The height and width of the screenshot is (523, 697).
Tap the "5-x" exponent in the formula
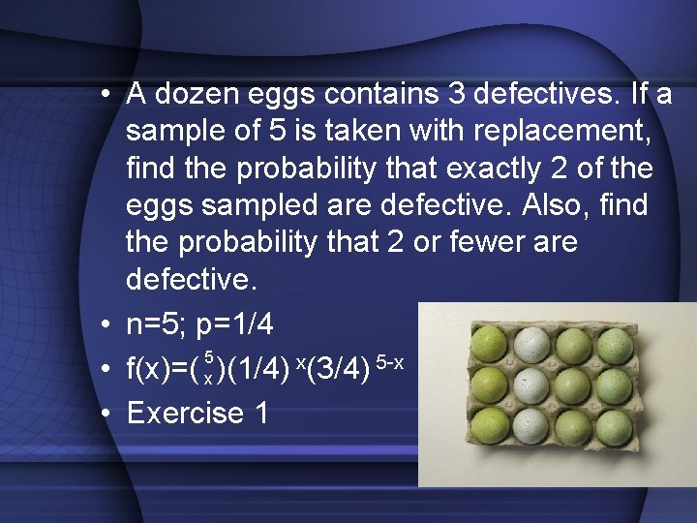(389, 362)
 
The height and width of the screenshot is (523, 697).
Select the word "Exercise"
(185, 413)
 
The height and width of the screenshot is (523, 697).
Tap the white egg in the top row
(531, 342)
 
